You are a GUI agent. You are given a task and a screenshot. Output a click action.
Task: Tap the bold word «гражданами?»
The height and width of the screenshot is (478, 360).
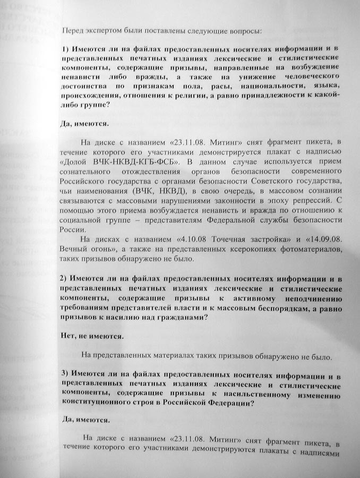tap(180, 317)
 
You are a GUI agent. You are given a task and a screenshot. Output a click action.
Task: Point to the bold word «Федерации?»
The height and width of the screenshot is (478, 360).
tap(230, 402)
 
